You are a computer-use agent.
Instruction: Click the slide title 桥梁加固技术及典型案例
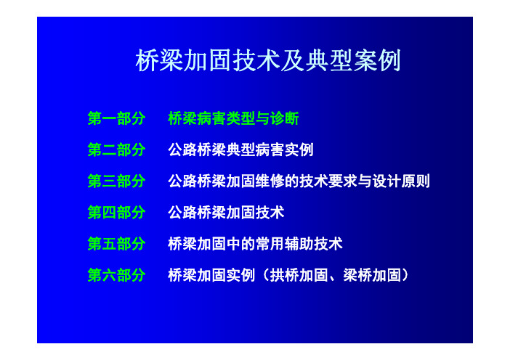(267, 60)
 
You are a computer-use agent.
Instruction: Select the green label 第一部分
(116, 118)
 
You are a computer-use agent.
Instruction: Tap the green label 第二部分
(116, 150)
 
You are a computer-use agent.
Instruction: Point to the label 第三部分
(116, 181)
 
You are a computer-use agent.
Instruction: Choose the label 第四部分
(116, 213)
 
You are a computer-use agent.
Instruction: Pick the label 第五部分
(116, 244)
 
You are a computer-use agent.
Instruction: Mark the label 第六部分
(116, 275)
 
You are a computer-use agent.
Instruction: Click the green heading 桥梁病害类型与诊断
(233, 118)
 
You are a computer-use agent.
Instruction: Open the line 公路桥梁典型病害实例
(240, 150)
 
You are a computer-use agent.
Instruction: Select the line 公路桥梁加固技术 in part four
(226, 213)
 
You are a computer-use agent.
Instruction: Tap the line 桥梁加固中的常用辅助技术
(255, 244)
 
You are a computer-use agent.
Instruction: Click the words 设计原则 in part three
(401, 181)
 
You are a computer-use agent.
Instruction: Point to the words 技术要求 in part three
(328, 181)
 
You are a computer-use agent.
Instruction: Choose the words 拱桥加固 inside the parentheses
(299, 275)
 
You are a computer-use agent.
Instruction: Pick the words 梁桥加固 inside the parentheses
(372, 275)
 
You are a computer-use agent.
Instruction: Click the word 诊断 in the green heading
(285, 118)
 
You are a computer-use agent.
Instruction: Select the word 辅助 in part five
(299, 244)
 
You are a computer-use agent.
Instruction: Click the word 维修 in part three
(270, 181)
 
